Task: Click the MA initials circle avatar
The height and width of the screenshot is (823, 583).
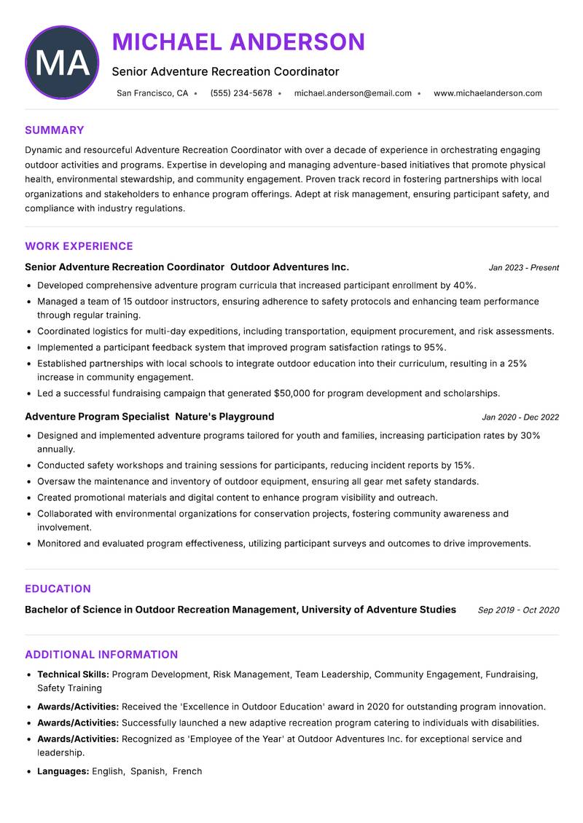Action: point(62,63)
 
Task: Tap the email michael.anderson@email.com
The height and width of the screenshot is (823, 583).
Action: point(353,93)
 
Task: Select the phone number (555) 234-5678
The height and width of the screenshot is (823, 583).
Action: point(241,93)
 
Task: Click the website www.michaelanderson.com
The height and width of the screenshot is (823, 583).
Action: point(488,93)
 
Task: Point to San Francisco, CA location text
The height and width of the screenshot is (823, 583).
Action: point(152,93)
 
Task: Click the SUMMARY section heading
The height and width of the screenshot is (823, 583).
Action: point(55,130)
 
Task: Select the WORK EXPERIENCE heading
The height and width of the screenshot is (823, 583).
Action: point(79,246)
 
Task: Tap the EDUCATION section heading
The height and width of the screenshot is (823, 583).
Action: point(58,588)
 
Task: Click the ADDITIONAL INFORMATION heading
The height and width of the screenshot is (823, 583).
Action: point(101,654)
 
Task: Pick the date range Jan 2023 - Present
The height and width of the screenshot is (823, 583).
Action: point(523,268)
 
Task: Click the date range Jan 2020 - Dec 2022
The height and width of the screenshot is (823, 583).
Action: point(520,417)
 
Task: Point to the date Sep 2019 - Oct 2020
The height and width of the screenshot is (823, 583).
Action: point(518,610)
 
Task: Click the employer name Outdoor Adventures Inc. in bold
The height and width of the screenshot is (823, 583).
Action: point(289,267)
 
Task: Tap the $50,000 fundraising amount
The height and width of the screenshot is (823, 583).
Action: point(292,393)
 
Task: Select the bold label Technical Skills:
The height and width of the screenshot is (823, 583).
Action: point(73,674)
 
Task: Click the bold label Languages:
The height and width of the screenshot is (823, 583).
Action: point(63,771)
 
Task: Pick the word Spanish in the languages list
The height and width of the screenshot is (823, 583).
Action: point(147,771)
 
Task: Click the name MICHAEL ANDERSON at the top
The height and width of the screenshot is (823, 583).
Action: point(238,42)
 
